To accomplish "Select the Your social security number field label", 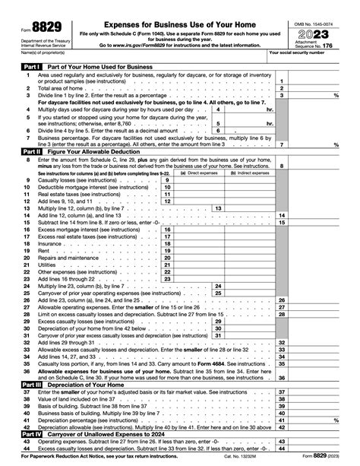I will tap(298, 52).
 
